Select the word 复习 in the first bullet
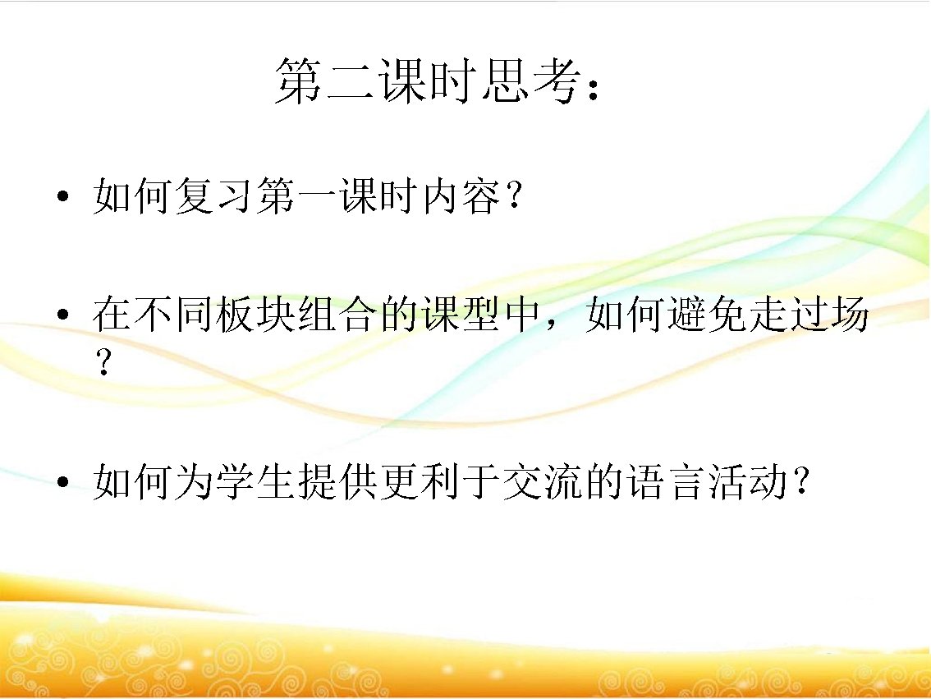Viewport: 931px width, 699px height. click(214, 198)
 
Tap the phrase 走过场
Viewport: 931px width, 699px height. click(809, 315)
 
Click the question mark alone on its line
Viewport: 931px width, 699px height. click(103, 362)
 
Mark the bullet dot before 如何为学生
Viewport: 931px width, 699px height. click(62, 483)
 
